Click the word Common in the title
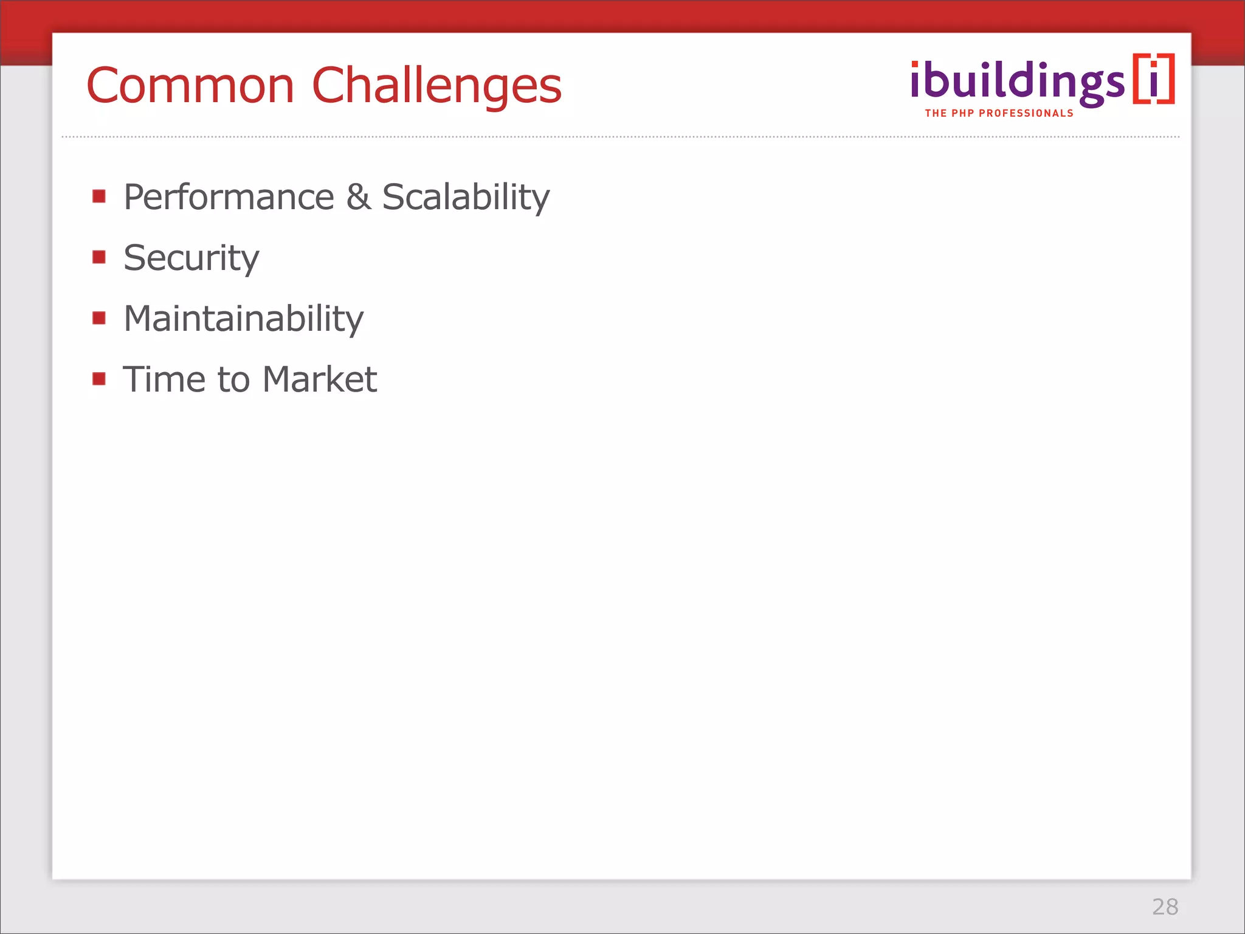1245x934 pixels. [190, 86]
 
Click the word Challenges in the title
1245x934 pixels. [436, 86]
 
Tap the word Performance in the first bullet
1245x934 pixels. [229, 197]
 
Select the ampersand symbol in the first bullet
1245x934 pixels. [358, 197]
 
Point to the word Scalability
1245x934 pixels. [466, 197]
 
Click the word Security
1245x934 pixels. [191, 258]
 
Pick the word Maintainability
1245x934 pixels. [243, 319]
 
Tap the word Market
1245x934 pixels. [320, 379]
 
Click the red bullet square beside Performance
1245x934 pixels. [99, 196]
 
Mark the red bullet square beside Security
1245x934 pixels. [99, 257]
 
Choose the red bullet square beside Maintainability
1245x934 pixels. [99, 317]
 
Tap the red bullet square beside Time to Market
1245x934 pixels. [99, 379]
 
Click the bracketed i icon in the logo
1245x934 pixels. [1153, 79]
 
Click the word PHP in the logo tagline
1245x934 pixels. [963, 113]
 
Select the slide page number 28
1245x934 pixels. [1165, 907]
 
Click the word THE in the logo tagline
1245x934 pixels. [936, 113]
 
